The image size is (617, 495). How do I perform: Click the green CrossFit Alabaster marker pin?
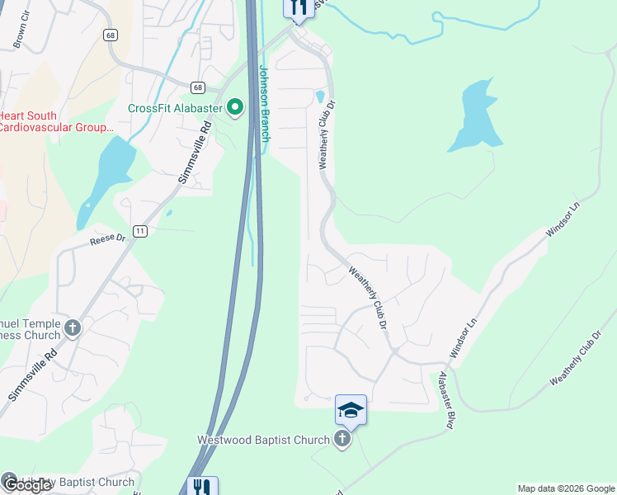(235, 107)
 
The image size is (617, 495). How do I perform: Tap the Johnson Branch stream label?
(265, 103)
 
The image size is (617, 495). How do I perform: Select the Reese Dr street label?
(107, 239)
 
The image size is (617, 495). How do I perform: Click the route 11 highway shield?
(140, 232)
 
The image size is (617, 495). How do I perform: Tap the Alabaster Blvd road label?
(446, 398)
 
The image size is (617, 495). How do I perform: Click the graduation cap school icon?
(351, 410)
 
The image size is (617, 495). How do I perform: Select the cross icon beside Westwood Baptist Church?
(342, 440)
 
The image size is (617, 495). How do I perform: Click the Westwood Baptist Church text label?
(263, 441)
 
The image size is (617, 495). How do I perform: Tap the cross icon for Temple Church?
(73, 328)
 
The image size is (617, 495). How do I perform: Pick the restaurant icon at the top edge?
(298, 7)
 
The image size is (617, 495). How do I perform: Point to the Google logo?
(26, 485)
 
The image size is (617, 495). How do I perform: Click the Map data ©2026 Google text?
(565, 488)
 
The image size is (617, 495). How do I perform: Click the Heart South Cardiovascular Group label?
(56, 121)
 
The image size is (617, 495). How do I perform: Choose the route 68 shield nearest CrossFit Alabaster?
(197, 87)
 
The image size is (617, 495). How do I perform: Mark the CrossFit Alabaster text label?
(175, 108)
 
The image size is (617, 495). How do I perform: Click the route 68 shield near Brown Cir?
(110, 35)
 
